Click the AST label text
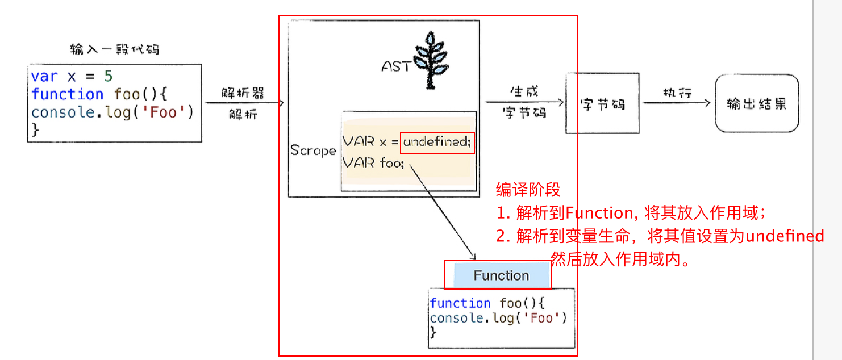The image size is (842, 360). [x=395, y=66]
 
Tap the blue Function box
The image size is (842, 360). [x=501, y=276]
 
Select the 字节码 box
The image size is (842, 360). [x=602, y=104]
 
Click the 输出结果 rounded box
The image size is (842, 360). [x=757, y=104]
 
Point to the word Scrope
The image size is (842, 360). [x=313, y=150]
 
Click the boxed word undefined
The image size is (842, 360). [x=436, y=142]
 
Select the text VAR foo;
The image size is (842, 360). [x=373, y=164]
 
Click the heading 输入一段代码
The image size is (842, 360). [x=114, y=49]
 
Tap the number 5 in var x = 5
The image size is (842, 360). [x=109, y=77]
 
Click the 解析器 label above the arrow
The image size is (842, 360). [x=243, y=93]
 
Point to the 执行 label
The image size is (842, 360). [x=677, y=93]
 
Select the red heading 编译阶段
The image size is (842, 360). [x=528, y=190]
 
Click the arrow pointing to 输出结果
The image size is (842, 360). [x=677, y=103]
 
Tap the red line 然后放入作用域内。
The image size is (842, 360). [x=621, y=261]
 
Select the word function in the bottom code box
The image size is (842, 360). [x=460, y=303]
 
